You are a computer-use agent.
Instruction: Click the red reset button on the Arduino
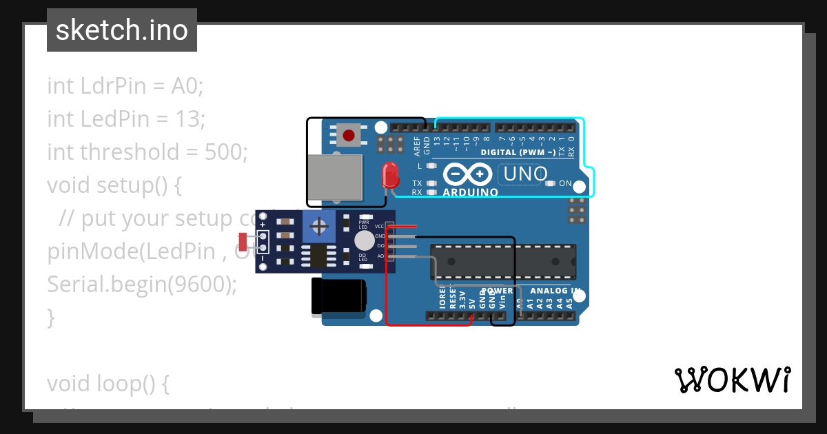pos(349,134)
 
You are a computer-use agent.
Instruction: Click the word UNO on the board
pos(525,174)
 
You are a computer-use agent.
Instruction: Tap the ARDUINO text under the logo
pos(471,193)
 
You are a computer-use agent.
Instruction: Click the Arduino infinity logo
pos(468,174)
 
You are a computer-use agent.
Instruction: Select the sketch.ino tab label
pos(122,30)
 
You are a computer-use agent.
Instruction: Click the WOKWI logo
pos(732,380)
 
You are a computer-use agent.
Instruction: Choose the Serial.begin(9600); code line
pos(141,284)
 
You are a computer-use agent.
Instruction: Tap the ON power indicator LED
pos(551,183)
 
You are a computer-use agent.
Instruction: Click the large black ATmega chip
pos(503,262)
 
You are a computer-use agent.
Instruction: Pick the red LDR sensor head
pos(242,242)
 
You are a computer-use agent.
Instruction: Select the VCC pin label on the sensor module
pos(380,226)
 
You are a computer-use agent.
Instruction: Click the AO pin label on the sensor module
pos(380,256)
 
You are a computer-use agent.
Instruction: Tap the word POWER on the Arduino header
pos(497,291)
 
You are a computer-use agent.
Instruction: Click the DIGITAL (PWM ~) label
pos(518,152)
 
